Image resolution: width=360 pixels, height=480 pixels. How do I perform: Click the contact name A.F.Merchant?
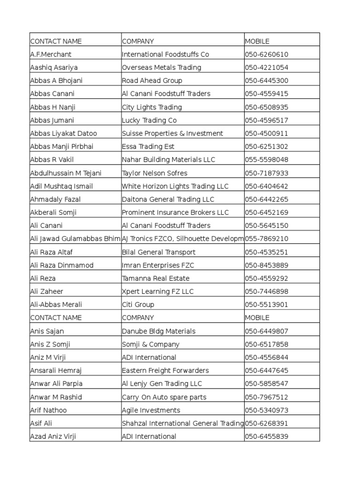tap(51, 54)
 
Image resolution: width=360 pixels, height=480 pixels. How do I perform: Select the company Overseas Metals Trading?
tap(161, 67)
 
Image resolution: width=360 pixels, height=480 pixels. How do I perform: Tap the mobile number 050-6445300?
tap(266, 81)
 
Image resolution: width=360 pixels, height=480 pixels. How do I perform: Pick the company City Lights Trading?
tap(151, 107)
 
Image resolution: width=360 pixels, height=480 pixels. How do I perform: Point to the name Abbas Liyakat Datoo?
tap(63, 134)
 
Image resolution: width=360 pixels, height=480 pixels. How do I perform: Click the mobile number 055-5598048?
tap(266, 160)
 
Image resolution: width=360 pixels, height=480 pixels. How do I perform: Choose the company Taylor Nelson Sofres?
tap(154, 173)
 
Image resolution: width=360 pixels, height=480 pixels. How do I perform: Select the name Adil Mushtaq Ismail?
tap(61, 186)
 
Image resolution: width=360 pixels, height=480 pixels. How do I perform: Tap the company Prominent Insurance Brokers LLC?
tap(175, 212)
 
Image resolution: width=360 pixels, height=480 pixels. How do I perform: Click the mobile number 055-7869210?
tap(266, 239)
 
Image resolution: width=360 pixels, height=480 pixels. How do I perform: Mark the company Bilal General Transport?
tap(158, 252)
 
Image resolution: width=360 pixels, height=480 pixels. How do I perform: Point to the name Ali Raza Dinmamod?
tap(61, 265)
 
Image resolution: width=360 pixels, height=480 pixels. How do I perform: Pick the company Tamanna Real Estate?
tap(156, 278)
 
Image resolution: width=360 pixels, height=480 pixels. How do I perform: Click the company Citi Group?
tap(138, 305)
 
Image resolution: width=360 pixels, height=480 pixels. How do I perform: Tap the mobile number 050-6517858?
tap(266, 345)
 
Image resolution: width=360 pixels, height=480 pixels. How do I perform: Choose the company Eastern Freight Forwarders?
tap(165, 371)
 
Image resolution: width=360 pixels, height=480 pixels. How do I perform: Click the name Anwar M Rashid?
tap(56, 397)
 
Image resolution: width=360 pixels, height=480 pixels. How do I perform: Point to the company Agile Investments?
tap(151, 410)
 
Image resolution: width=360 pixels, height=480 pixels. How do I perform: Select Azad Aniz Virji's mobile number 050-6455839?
tap(266, 437)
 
